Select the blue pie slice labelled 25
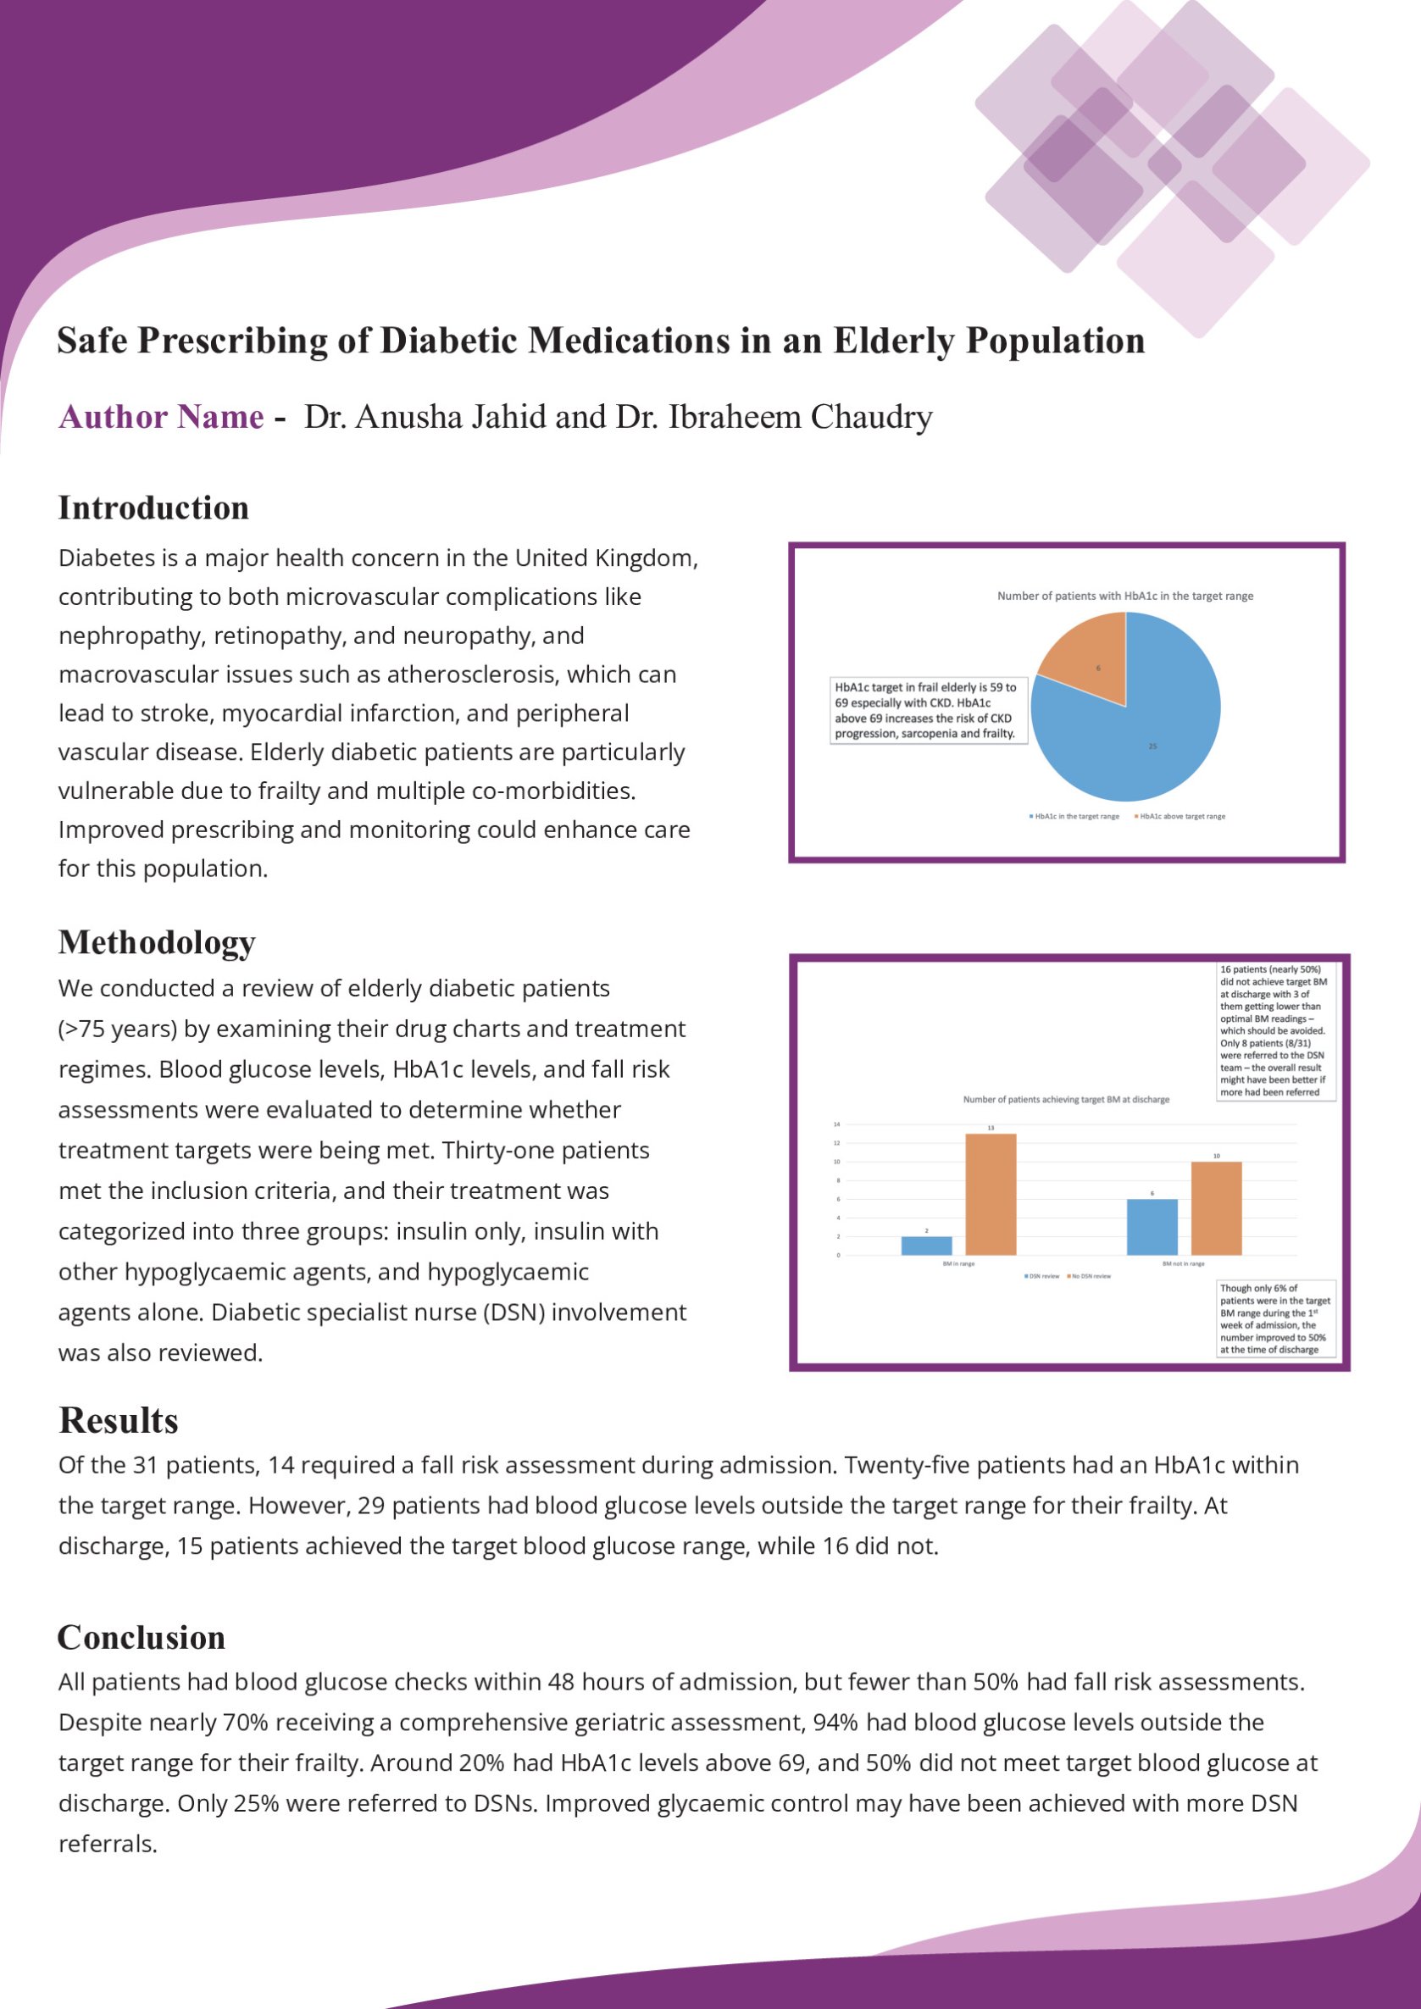[x=1137, y=735]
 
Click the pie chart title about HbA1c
[x=1125, y=596]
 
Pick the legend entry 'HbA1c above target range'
[x=1182, y=816]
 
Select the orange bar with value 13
[x=991, y=1195]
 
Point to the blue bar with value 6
[x=1152, y=1227]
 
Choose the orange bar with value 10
[x=1216, y=1208]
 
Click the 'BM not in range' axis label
[x=1183, y=1263]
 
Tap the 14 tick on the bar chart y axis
[x=836, y=1124]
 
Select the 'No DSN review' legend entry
[x=1091, y=1276]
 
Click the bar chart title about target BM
[x=1066, y=1099]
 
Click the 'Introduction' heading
[x=154, y=508]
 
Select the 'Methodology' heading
[x=157, y=942]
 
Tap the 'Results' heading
[x=119, y=1421]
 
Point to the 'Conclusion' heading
[x=142, y=1637]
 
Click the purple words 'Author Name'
[x=161, y=418]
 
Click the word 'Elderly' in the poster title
[x=893, y=341]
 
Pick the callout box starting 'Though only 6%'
[x=1276, y=1318]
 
